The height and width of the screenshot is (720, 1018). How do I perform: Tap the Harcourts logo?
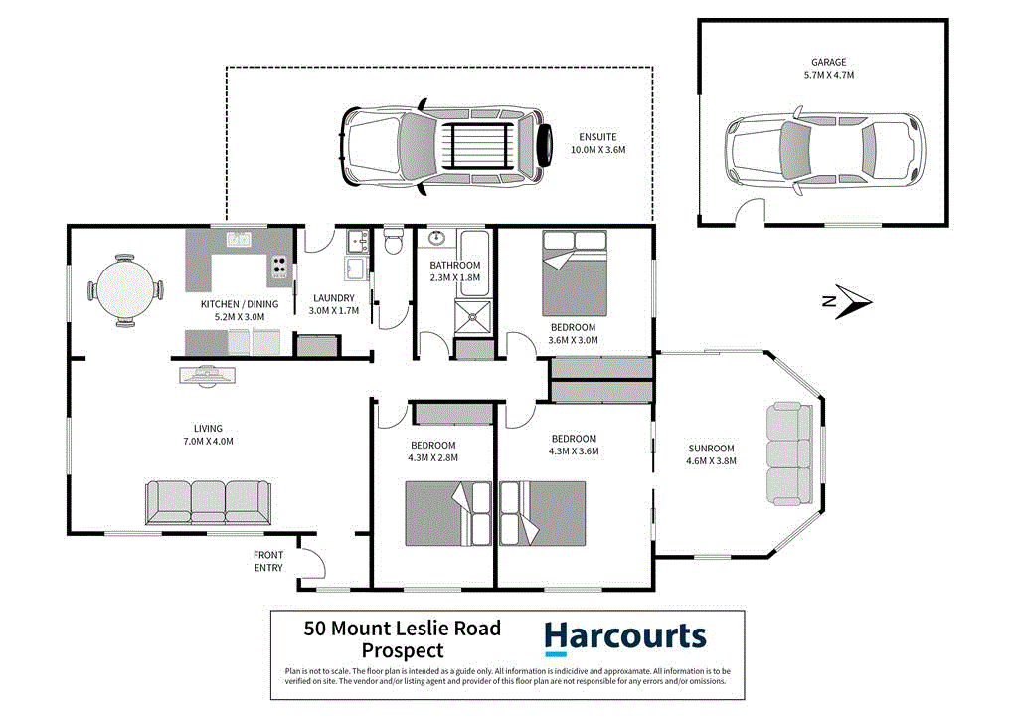625,637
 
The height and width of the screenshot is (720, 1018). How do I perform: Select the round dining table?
124,289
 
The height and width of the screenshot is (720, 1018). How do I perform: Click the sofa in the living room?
208,502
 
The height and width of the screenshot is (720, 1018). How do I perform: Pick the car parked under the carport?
446,147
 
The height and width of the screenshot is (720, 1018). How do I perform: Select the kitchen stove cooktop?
279,267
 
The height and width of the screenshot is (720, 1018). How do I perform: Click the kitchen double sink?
238,239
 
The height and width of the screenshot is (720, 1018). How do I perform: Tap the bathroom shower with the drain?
472,317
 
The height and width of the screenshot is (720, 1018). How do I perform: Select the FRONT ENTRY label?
267,561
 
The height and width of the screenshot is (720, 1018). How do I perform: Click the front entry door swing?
312,562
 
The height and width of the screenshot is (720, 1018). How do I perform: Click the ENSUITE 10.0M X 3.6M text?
597,143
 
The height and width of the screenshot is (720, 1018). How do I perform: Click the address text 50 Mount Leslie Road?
402,629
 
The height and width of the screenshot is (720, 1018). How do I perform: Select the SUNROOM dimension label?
712,454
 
